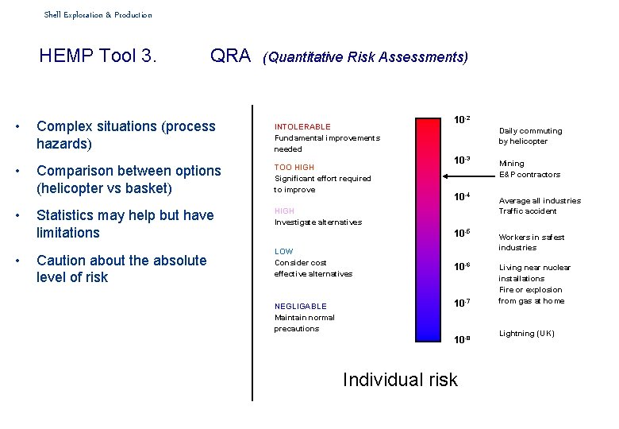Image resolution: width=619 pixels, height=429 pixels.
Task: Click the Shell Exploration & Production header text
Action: click(x=98, y=15)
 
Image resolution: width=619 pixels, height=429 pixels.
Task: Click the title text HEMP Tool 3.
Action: click(x=98, y=56)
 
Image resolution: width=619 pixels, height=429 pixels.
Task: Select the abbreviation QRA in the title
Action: click(x=230, y=56)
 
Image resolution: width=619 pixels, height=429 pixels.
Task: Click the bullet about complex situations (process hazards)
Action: click(x=126, y=135)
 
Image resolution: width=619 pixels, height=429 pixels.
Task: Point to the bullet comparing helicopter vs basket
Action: click(x=129, y=180)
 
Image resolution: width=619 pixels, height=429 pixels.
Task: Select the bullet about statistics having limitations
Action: click(x=125, y=224)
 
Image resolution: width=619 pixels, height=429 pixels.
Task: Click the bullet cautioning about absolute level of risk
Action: click(x=121, y=269)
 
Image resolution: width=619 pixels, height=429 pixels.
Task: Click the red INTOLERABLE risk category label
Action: click(x=302, y=126)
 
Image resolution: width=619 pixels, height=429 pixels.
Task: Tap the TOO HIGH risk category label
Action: click(x=294, y=168)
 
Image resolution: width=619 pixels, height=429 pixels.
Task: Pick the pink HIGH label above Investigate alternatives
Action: click(x=284, y=211)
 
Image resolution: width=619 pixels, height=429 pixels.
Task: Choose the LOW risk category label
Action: click(x=283, y=251)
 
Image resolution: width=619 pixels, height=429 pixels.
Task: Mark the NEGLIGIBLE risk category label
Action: click(x=301, y=306)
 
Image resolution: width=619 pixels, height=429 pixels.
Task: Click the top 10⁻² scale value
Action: click(x=462, y=120)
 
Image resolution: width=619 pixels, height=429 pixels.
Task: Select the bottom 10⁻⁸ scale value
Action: click(x=462, y=339)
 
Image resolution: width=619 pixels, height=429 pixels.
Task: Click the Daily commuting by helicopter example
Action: click(x=530, y=136)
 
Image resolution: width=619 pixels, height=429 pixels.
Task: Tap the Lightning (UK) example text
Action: click(x=527, y=334)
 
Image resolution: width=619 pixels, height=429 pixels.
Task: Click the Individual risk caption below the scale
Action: click(x=400, y=380)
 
